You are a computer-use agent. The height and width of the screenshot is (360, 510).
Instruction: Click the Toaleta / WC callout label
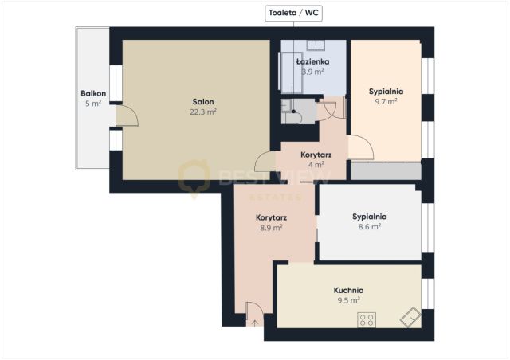click(x=293, y=13)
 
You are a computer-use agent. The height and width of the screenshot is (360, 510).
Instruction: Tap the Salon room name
click(x=203, y=102)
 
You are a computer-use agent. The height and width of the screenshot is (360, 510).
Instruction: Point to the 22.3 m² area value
click(x=203, y=112)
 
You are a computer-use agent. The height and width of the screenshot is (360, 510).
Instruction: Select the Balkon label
click(x=93, y=94)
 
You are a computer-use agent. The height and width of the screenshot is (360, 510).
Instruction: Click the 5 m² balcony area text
click(x=93, y=104)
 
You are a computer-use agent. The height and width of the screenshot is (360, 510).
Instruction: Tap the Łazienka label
click(x=313, y=61)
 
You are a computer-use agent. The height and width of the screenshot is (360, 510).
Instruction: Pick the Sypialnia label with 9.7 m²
click(x=386, y=92)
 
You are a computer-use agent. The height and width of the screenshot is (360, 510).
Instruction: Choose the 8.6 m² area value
click(x=370, y=227)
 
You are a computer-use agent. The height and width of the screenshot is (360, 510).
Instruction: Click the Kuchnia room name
click(x=348, y=290)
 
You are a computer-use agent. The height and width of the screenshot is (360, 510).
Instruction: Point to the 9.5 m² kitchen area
click(x=348, y=300)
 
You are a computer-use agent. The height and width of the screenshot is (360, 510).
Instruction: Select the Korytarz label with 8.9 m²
click(x=271, y=217)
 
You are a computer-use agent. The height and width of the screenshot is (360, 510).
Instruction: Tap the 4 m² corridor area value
click(x=316, y=165)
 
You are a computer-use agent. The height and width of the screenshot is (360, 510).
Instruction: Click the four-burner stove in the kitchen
click(x=367, y=319)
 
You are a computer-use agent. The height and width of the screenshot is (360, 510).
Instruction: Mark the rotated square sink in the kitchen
click(x=410, y=317)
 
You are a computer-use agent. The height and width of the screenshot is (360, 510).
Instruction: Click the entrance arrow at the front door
click(x=255, y=323)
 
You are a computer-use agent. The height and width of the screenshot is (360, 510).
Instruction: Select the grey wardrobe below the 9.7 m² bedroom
click(x=386, y=171)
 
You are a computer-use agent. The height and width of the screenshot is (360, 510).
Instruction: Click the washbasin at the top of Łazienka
click(x=316, y=45)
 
